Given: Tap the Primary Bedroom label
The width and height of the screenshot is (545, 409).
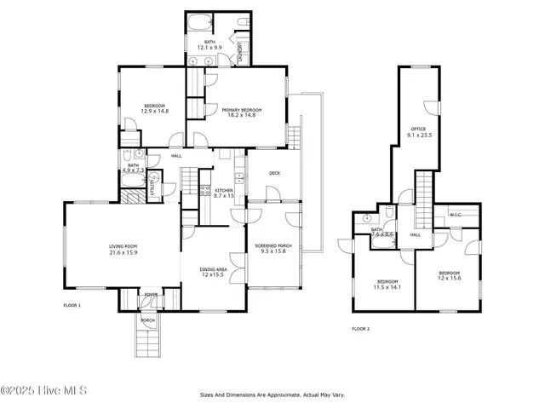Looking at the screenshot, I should coord(242,110).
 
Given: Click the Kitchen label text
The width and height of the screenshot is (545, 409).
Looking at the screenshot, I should coord(224,190).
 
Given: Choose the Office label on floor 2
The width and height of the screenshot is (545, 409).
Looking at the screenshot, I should coord(417,129).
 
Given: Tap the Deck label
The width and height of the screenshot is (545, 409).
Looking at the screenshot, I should coord(274,173).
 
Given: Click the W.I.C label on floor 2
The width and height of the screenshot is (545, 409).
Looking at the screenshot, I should coord(455,215).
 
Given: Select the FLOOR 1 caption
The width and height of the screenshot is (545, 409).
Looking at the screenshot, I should coord(72,304).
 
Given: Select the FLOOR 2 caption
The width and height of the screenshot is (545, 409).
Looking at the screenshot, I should coord(361,328).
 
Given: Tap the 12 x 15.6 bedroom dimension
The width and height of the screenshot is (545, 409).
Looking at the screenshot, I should coord(450,279).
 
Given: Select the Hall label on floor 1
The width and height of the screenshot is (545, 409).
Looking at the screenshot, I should coord(176,156).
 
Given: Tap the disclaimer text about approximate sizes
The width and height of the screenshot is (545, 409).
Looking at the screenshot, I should coord(272,395).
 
